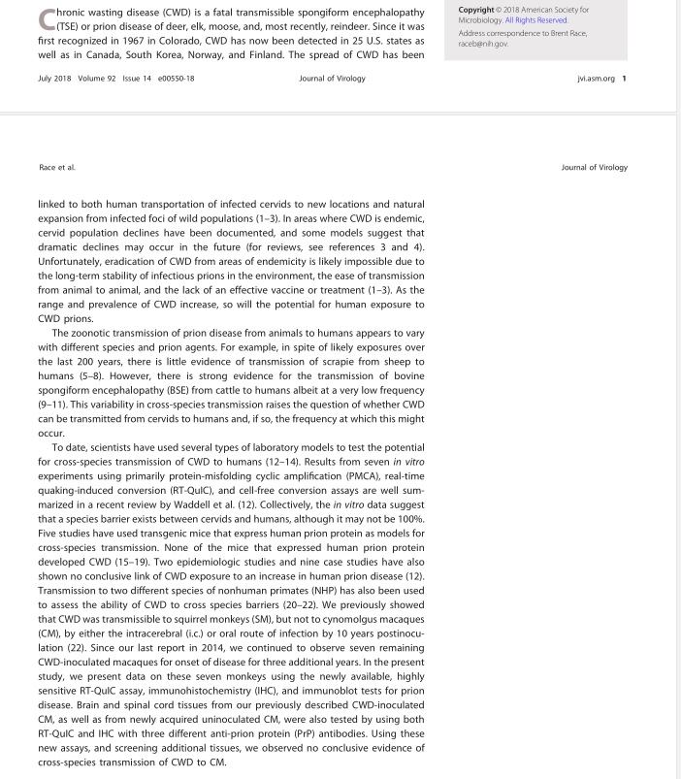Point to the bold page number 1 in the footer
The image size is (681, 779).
[x=624, y=78]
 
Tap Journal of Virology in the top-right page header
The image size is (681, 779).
[x=594, y=167]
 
